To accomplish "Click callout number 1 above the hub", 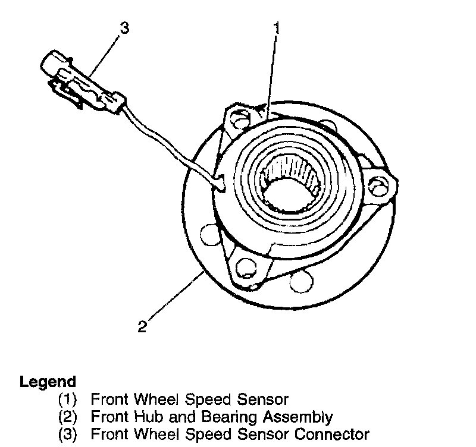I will point(276,28).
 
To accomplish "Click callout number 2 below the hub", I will point(142,326).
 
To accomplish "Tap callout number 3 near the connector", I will point(123,28).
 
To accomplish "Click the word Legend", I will point(48,382).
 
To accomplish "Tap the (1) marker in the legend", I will point(68,399).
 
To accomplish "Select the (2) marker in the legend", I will point(68,417).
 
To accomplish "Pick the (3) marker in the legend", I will point(68,434).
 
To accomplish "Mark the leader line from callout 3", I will point(105,56).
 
